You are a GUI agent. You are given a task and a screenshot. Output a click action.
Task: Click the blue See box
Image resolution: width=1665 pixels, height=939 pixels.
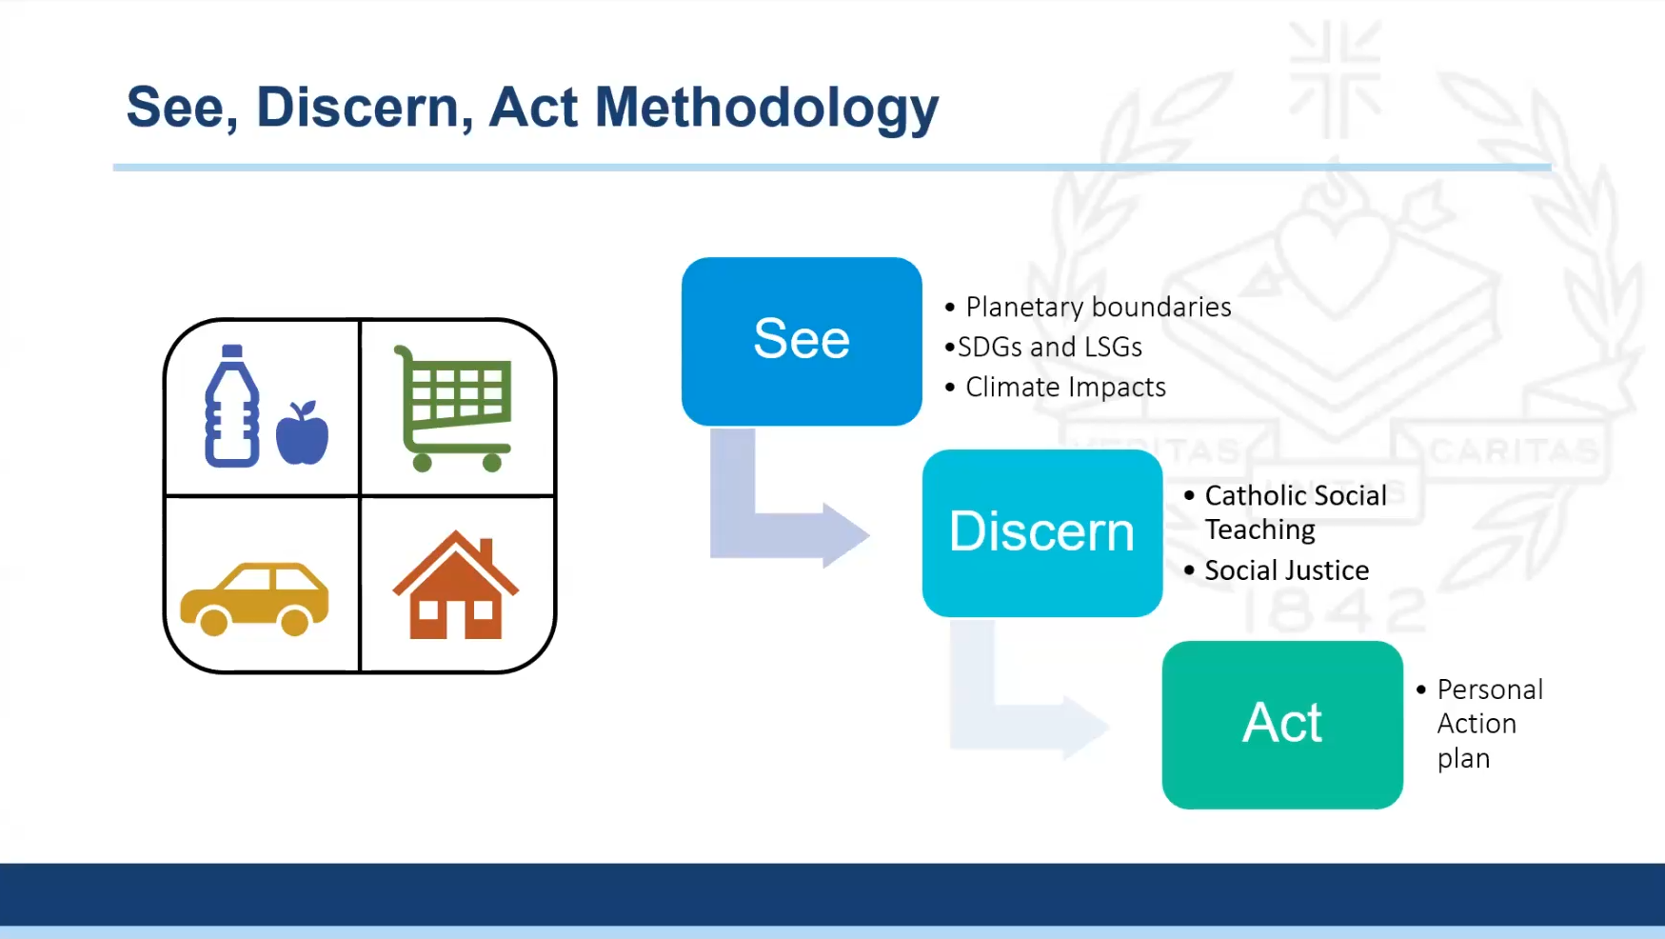click(802, 341)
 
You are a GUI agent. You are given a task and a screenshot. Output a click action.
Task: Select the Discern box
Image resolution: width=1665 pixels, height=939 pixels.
click(1041, 532)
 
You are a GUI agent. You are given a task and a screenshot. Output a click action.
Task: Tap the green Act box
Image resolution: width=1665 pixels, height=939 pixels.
click(1281, 724)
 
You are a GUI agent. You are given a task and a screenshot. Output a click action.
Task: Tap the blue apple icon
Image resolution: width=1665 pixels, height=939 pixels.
click(302, 435)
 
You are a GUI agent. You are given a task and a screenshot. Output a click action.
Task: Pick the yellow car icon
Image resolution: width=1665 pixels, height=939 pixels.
click(254, 598)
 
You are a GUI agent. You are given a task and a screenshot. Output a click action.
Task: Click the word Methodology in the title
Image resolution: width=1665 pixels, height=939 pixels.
click(766, 108)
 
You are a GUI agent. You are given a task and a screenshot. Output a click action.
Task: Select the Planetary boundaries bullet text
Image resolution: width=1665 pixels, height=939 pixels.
click(1098, 307)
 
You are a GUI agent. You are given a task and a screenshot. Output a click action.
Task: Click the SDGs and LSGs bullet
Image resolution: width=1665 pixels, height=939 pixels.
click(1049, 347)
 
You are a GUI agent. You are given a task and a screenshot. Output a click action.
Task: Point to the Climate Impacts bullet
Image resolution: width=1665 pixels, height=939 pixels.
click(1064, 387)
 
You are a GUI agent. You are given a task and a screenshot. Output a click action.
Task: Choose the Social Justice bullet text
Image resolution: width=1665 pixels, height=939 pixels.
click(1286, 570)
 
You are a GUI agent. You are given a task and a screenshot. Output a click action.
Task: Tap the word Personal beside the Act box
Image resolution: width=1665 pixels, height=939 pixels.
click(1490, 689)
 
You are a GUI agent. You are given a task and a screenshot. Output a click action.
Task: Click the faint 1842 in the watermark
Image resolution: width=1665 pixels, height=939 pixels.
click(1333, 609)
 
